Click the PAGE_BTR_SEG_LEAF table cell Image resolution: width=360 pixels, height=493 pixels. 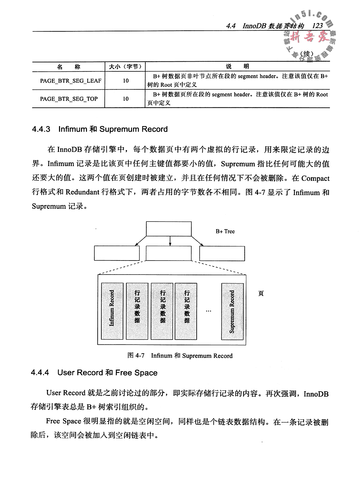[x=71, y=81]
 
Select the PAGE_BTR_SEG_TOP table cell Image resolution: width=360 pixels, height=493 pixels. [x=69, y=99]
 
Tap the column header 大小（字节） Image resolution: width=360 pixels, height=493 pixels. [x=125, y=67]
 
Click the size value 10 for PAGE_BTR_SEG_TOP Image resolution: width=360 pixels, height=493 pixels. [x=126, y=99]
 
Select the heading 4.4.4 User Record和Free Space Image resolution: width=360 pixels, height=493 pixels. [x=94, y=373]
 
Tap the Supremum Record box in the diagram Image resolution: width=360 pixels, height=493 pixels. [x=232, y=312]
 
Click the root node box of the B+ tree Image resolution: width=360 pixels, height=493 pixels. [x=169, y=229]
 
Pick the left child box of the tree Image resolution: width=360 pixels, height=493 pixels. [x=117, y=253]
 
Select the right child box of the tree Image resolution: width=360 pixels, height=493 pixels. [x=222, y=253]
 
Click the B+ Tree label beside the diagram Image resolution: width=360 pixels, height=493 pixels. [x=225, y=231]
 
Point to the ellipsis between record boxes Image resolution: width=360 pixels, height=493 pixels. [x=209, y=311]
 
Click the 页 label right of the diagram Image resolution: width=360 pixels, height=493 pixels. [x=261, y=294]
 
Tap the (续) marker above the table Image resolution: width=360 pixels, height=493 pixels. [x=307, y=54]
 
